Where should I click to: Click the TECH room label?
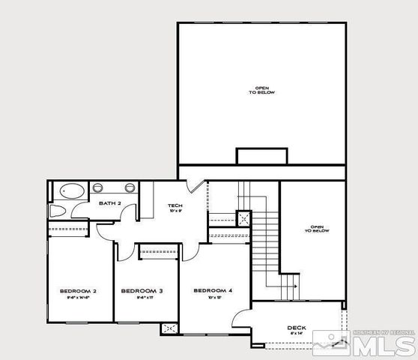point(175,205)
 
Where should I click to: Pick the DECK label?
point(297,328)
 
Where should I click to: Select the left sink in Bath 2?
point(104,187)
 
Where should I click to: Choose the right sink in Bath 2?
point(129,187)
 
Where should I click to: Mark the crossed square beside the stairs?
point(243,218)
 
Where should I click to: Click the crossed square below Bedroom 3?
point(169,328)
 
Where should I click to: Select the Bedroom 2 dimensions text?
point(77,298)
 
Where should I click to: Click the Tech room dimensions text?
point(175,211)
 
